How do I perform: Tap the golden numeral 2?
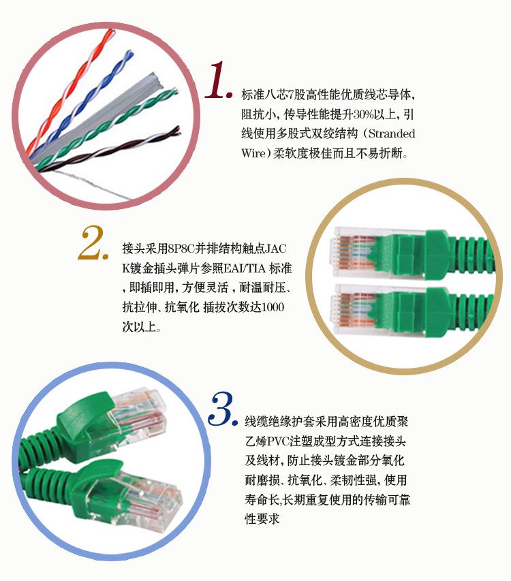(x=93, y=242)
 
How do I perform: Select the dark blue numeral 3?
(x=222, y=409)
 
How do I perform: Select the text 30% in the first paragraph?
(x=363, y=114)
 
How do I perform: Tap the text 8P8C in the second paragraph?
(x=181, y=248)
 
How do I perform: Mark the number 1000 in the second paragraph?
(x=273, y=307)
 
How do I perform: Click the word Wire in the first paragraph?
(x=253, y=153)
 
